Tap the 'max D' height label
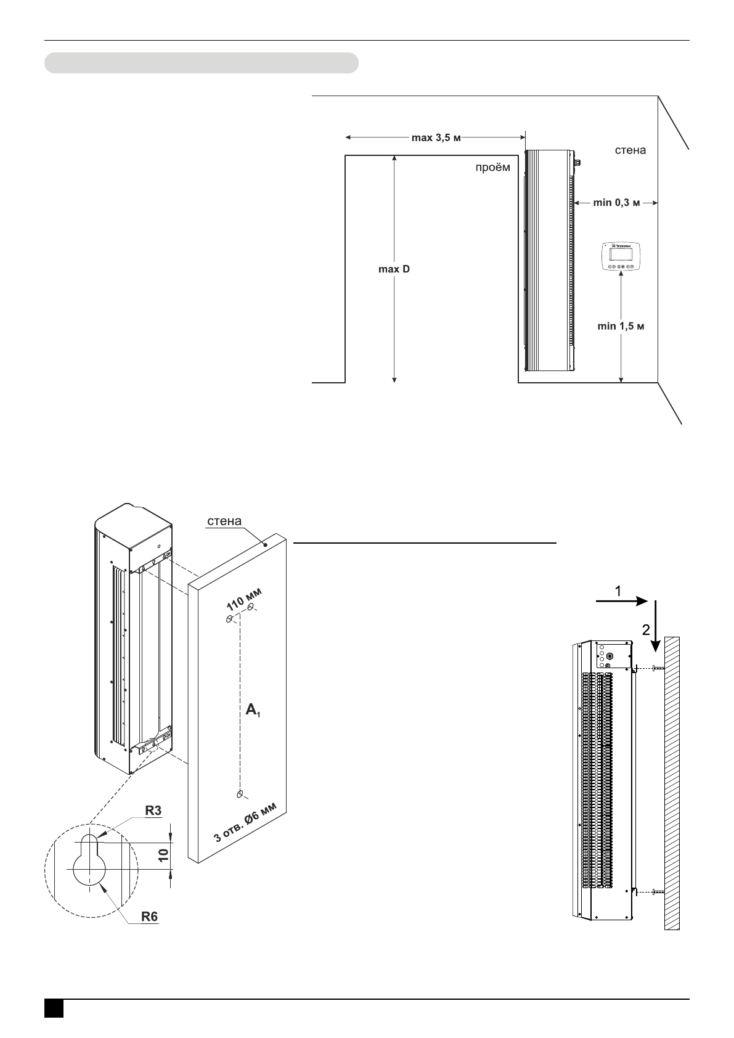pyautogui.click(x=394, y=269)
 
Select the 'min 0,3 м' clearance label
pyautogui.click(x=616, y=202)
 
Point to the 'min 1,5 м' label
pyautogui.click(x=621, y=325)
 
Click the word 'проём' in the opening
pyautogui.click(x=492, y=168)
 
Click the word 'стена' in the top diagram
pyautogui.click(x=630, y=150)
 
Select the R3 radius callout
pyautogui.click(x=153, y=811)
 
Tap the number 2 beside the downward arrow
pyautogui.click(x=646, y=630)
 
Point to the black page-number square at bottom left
pyautogui.click(x=54, y=1008)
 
